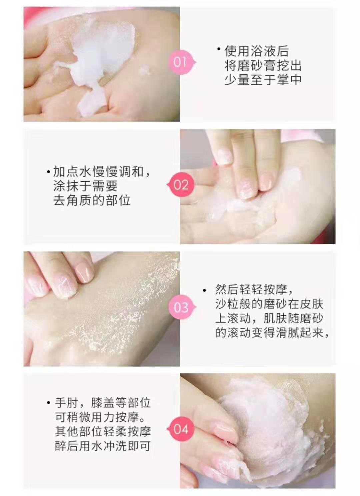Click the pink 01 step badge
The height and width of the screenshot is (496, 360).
pos(180,62)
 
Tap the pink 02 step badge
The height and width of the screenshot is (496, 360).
pos(181,185)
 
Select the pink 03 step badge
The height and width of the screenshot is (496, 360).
pos(181,307)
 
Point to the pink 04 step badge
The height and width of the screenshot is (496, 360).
pos(181,429)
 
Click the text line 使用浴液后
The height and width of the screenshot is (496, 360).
pos(256,51)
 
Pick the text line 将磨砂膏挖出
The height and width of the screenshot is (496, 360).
pos(263,66)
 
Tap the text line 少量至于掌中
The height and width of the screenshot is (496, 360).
pos(263,80)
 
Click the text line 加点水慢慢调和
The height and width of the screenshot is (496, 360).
pos(102,172)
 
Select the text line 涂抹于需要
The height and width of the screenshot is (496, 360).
pos(85,186)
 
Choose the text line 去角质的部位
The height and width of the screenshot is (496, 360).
pos(92,201)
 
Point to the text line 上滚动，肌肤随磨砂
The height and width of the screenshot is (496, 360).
pos(269,318)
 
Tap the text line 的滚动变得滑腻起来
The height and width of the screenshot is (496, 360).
pos(272,333)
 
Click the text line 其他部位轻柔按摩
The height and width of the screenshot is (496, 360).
pos(103,432)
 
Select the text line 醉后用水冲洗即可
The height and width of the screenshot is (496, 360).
pos(103,446)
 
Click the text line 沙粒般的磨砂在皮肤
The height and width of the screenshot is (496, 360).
pos(269,304)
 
